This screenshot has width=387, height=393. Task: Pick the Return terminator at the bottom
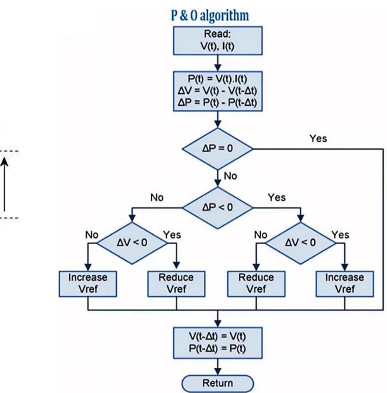pyautogui.click(x=218, y=379)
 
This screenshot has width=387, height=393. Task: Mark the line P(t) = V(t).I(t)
pyautogui.click(x=217, y=79)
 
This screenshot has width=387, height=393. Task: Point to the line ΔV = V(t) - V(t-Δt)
pyautogui.click(x=217, y=91)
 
